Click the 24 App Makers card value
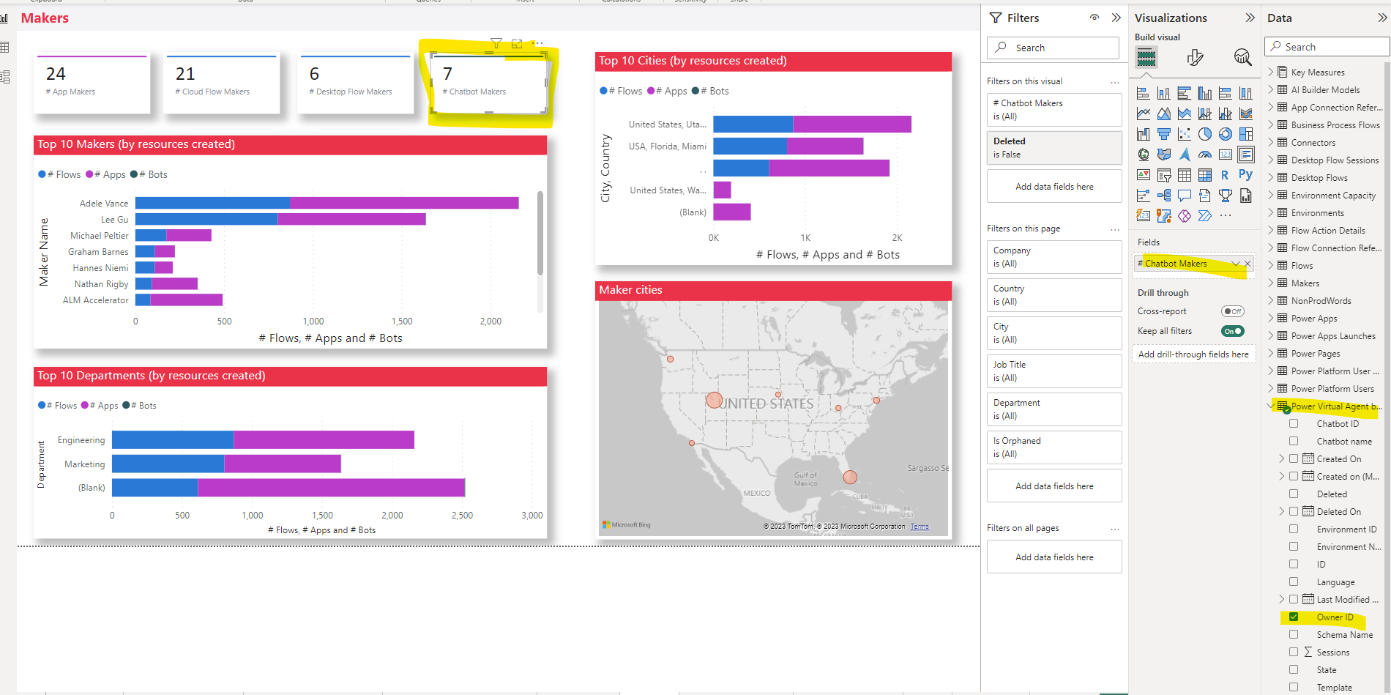coord(56,74)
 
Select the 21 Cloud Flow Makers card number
coord(185,74)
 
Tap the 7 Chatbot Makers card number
coord(447,74)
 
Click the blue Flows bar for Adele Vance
coord(212,203)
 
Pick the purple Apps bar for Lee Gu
coord(351,219)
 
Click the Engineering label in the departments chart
coord(81,440)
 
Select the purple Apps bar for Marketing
coord(282,464)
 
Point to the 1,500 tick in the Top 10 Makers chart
coord(402,322)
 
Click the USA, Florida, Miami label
coord(667,146)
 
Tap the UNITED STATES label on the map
coord(767,404)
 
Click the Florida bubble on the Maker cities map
coord(850,477)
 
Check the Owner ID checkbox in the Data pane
coord(1294,617)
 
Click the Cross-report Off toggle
coord(1233,311)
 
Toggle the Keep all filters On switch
coord(1233,331)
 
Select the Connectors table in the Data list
coord(1313,143)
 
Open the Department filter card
coord(1053,409)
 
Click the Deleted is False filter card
coord(1053,147)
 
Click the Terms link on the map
coord(920,527)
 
